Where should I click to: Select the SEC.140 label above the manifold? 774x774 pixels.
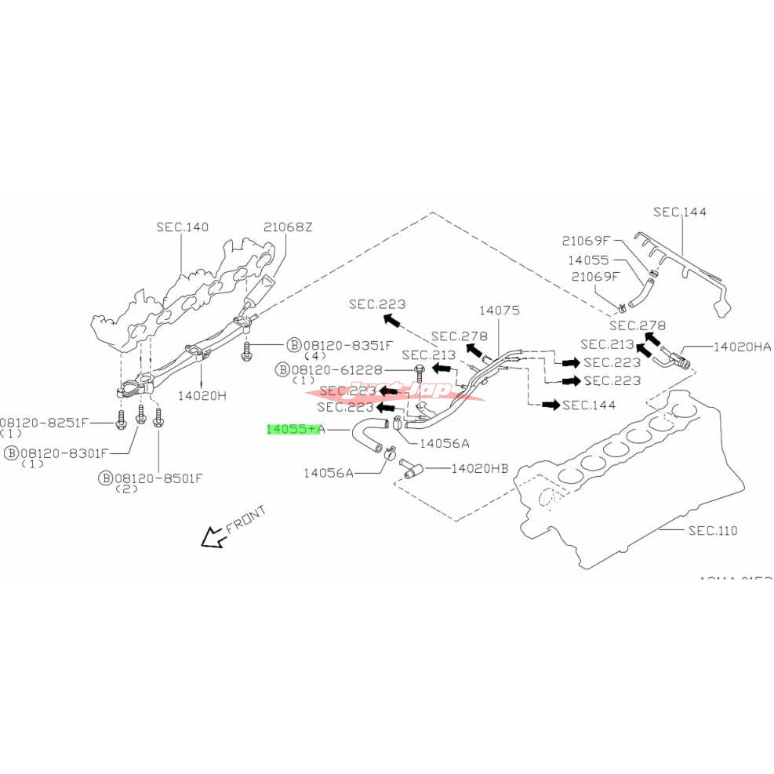182,227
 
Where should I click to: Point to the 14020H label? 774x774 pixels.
201,396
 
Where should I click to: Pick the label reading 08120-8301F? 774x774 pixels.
67,452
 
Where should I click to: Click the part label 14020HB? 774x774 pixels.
480,469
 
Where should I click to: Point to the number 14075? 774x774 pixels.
500,311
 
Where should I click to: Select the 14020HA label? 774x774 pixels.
742,346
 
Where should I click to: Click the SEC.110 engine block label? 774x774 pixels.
713,531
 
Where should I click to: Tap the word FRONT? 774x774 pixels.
246,519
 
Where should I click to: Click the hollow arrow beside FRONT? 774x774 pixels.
210,538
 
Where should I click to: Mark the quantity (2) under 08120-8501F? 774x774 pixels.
127,489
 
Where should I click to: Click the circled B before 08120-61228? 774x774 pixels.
283,369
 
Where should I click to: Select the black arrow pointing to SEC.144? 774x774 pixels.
550,405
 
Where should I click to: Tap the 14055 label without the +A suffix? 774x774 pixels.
589,259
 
